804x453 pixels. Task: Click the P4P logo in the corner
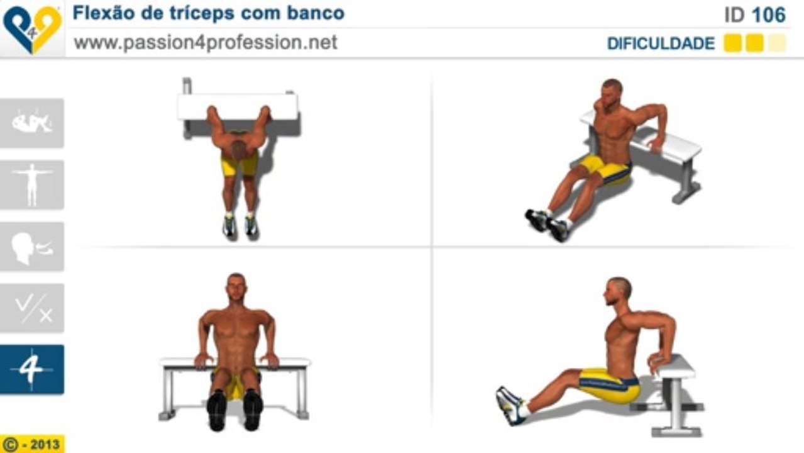coord(31,28)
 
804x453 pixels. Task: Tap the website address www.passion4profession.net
coord(206,43)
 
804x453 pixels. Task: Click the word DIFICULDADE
coord(661,44)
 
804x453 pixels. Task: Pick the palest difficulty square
coord(777,43)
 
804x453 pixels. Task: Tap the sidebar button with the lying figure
coord(31,123)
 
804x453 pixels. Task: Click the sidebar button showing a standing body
coord(31,184)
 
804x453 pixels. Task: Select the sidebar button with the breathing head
coord(31,247)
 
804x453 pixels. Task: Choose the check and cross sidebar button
coord(31,308)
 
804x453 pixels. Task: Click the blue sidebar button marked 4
coord(31,369)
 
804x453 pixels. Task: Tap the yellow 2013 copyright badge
coord(32,444)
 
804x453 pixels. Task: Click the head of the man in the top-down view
coord(238,150)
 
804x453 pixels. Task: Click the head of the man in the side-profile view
coord(617,292)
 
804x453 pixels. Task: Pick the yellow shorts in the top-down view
coord(240,165)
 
